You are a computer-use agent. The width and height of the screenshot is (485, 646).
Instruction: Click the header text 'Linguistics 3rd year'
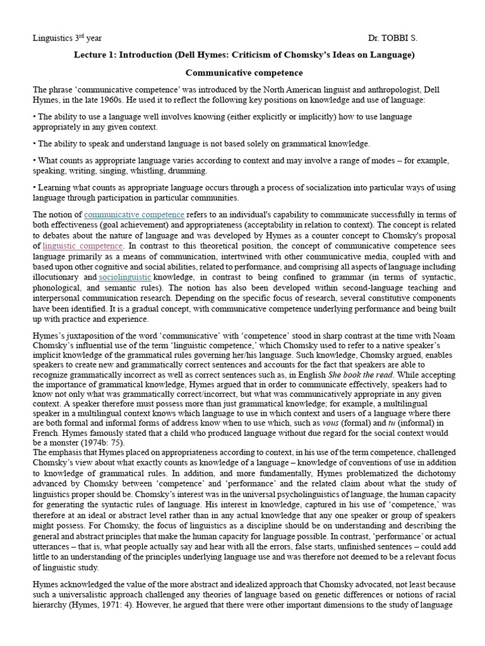tap(66, 38)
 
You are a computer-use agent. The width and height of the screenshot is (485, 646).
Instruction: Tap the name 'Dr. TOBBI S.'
tap(393, 38)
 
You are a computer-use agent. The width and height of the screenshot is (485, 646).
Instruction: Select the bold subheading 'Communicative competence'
tap(244, 73)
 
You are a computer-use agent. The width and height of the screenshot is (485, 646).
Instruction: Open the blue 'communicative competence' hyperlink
tap(134, 214)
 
